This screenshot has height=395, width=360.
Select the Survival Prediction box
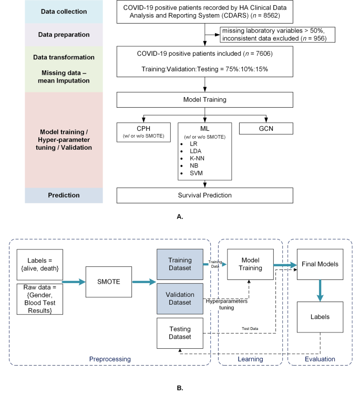point(204,195)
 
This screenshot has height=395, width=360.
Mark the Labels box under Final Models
point(320,316)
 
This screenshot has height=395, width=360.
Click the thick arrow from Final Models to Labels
point(320,290)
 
